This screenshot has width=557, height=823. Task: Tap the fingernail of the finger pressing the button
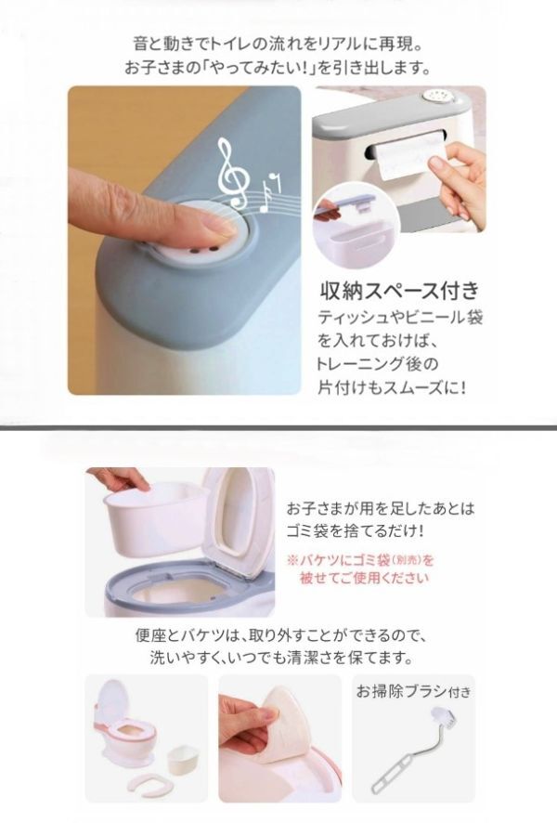[219, 226]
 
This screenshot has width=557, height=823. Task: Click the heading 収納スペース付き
[400, 291]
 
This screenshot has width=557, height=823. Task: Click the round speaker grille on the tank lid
[435, 97]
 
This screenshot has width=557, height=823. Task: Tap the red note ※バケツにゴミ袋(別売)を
[361, 560]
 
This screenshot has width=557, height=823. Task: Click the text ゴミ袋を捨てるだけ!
[355, 531]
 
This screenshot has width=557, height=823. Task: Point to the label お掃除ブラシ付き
[413, 691]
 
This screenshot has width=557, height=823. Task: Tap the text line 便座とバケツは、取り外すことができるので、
[278, 636]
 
